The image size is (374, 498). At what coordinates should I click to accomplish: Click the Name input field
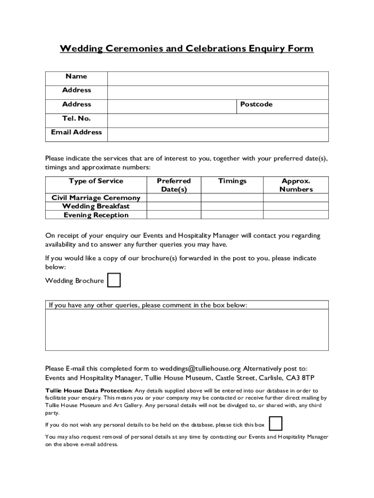pos(218,78)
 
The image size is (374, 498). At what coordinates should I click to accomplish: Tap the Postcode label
pos(256,105)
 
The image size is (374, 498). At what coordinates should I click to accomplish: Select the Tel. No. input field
pos(218,121)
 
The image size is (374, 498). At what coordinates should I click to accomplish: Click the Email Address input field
pos(218,135)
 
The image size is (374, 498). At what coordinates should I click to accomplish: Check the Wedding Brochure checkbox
pos(114,281)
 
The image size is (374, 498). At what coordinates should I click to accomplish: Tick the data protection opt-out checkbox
pos(275,424)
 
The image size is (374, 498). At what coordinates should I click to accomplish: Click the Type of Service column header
pos(96,181)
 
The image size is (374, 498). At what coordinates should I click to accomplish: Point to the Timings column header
pos(232,181)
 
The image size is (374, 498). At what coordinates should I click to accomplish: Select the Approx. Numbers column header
pos(296,185)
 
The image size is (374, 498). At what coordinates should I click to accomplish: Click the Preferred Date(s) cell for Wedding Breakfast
pos(174,206)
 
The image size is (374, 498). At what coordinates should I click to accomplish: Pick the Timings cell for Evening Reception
pos(232,215)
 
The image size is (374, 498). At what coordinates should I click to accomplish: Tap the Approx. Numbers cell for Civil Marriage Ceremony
pos(296,197)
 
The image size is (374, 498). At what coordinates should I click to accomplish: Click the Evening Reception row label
pos(96,215)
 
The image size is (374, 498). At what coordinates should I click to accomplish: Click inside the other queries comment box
pos(187,330)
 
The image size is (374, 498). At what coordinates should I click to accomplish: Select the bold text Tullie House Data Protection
pos(88,391)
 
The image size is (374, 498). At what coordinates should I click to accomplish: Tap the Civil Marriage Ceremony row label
pos(96,197)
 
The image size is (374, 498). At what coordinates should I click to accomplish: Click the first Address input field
pos(218,92)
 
